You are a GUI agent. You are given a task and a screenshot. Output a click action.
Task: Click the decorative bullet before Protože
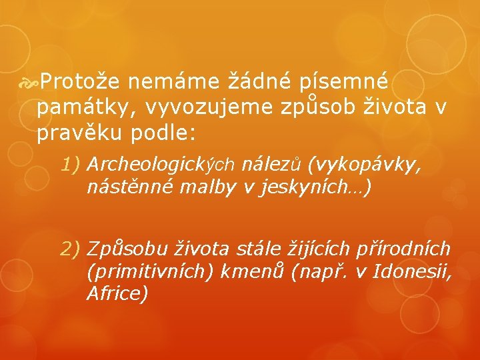pyautogui.click(x=31, y=82)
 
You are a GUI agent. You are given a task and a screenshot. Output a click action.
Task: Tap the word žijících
pyautogui.click(x=323, y=249)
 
